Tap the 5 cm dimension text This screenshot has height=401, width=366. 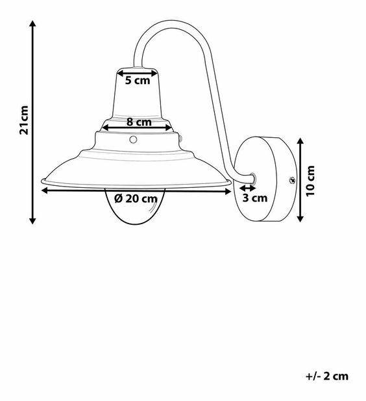(137, 81)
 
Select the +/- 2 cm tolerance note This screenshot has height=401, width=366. (326, 376)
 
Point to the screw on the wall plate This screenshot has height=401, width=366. (291, 181)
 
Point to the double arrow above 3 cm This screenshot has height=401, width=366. (249, 189)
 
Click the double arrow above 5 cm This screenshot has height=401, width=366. (137, 72)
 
